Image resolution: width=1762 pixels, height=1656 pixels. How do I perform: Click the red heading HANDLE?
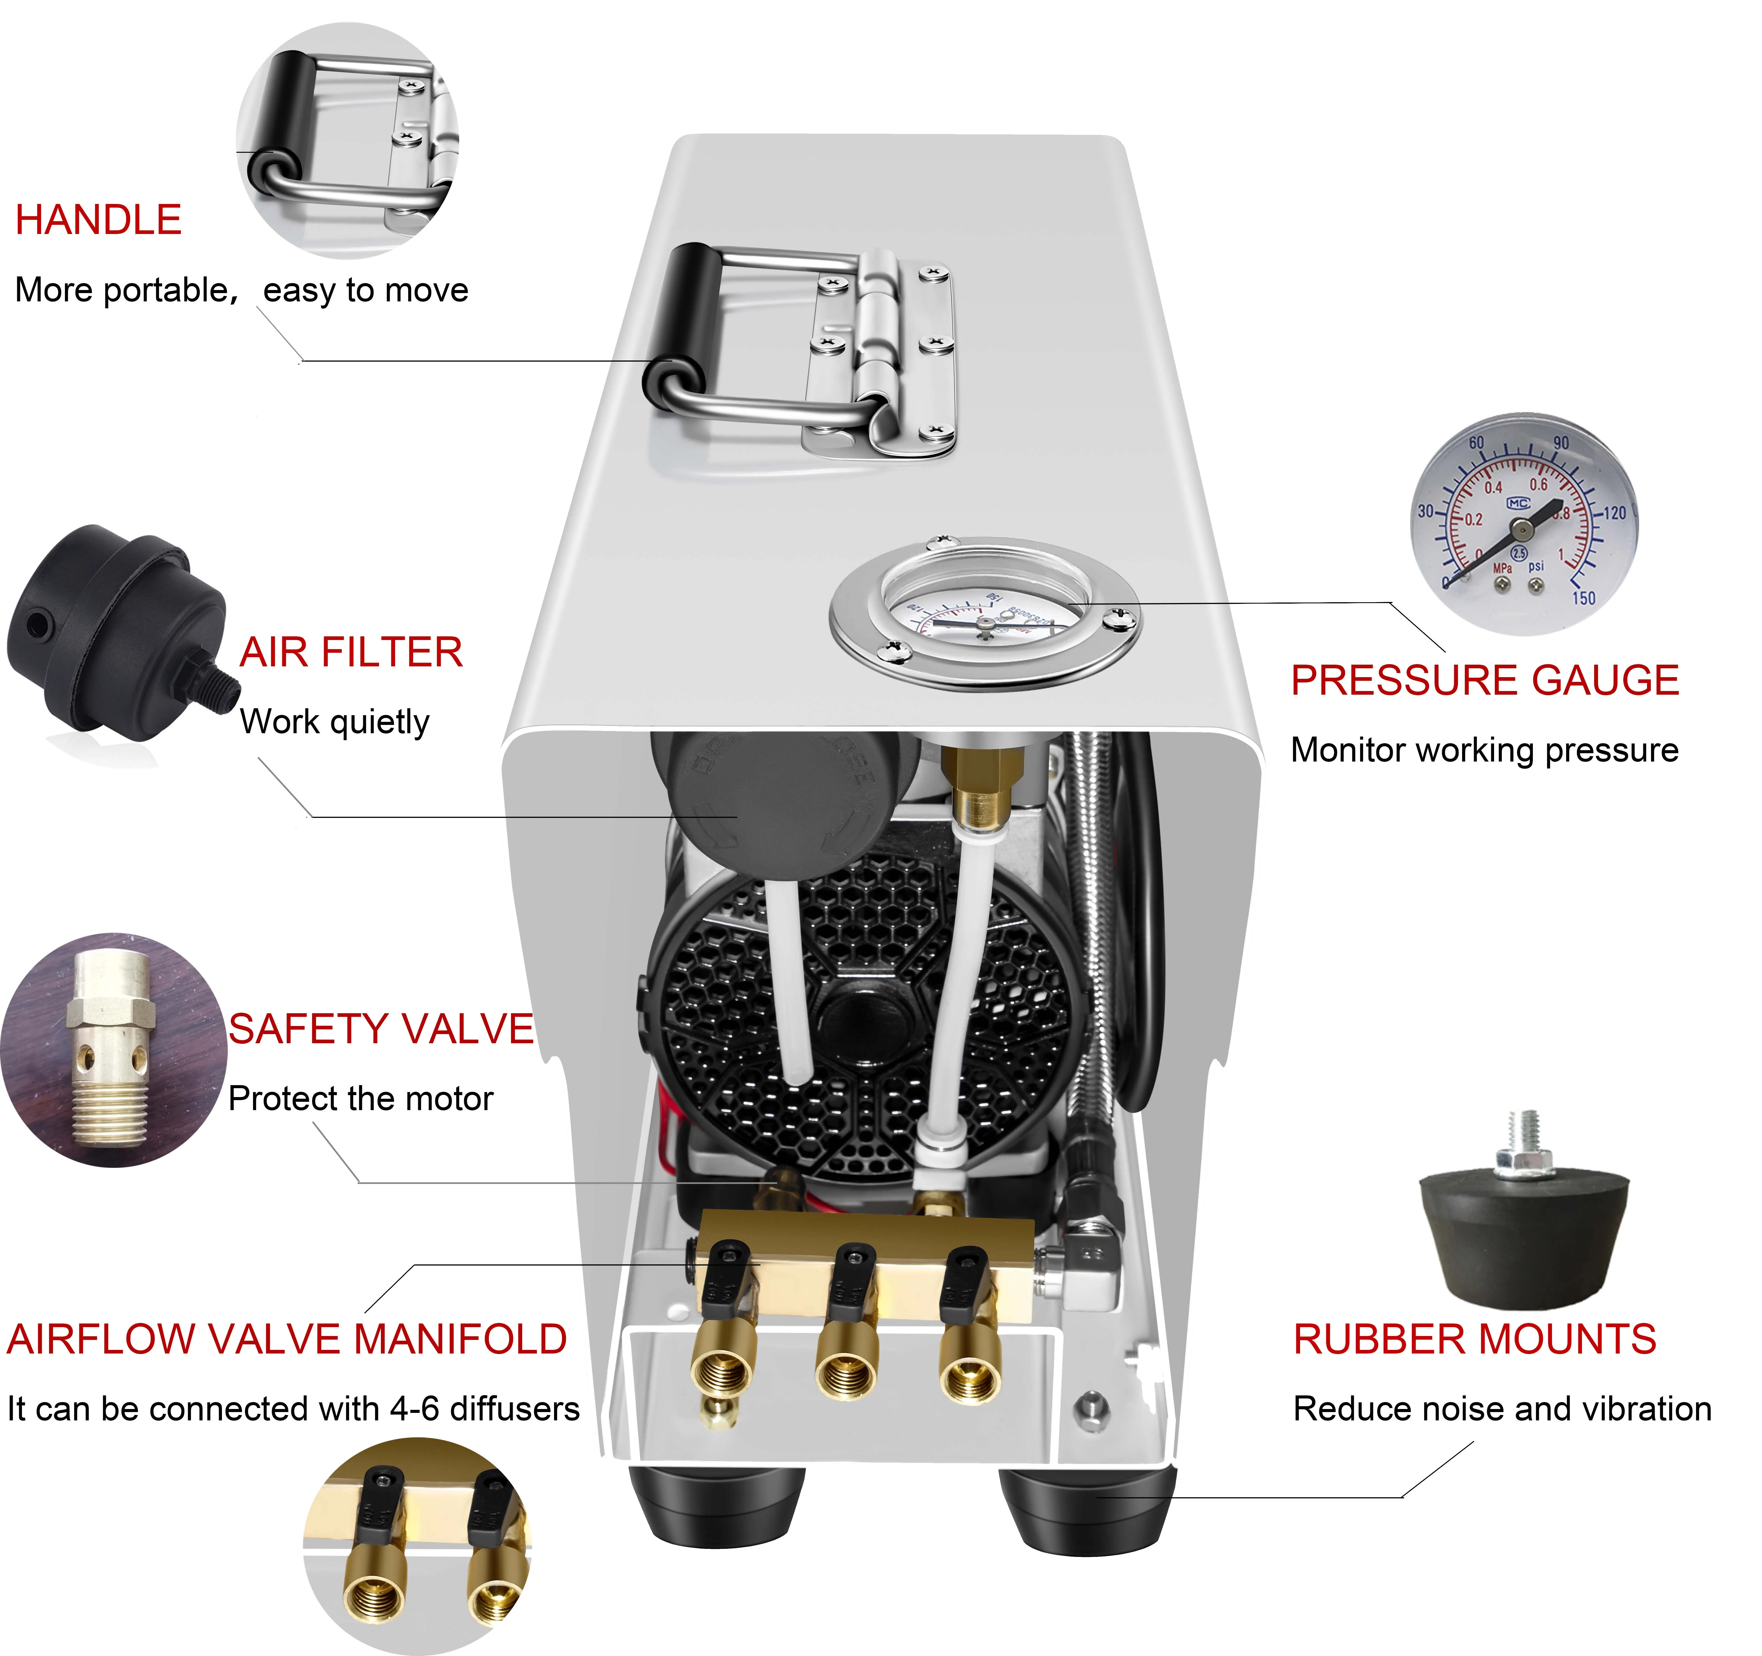pyautogui.click(x=98, y=220)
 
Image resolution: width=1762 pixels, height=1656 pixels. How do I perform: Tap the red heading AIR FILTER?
pyautogui.click(x=351, y=652)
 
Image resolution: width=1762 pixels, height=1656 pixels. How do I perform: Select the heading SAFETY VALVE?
pyautogui.click(x=381, y=1029)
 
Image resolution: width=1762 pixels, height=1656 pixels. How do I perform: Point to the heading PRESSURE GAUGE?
pyautogui.click(x=1485, y=681)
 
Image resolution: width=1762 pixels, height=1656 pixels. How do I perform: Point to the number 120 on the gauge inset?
pyautogui.click(x=1615, y=512)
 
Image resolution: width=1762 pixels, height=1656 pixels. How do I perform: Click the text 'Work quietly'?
pyautogui.click(x=334, y=722)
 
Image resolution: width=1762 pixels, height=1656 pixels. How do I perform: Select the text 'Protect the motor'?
pyautogui.click(x=360, y=1098)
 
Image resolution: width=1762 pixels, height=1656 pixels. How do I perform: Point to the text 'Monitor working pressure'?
pyautogui.click(x=1485, y=750)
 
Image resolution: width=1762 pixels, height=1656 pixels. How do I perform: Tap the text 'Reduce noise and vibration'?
pyautogui.click(x=1502, y=1409)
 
